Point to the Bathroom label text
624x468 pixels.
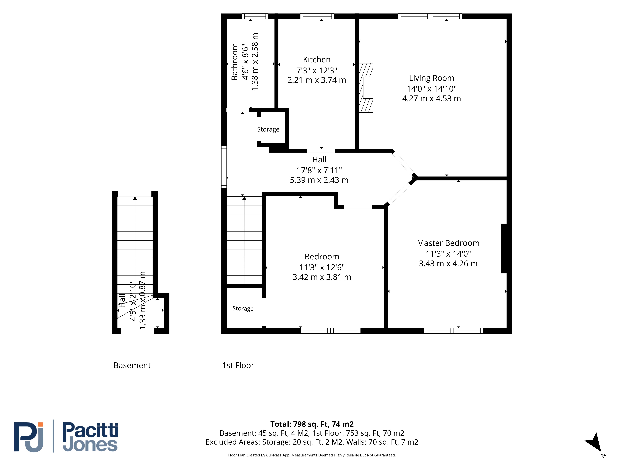(x=234, y=62)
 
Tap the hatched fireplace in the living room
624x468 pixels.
(x=366, y=88)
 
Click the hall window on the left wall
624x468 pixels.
(x=224, y=167)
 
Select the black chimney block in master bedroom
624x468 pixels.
(x=504, y=249)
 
